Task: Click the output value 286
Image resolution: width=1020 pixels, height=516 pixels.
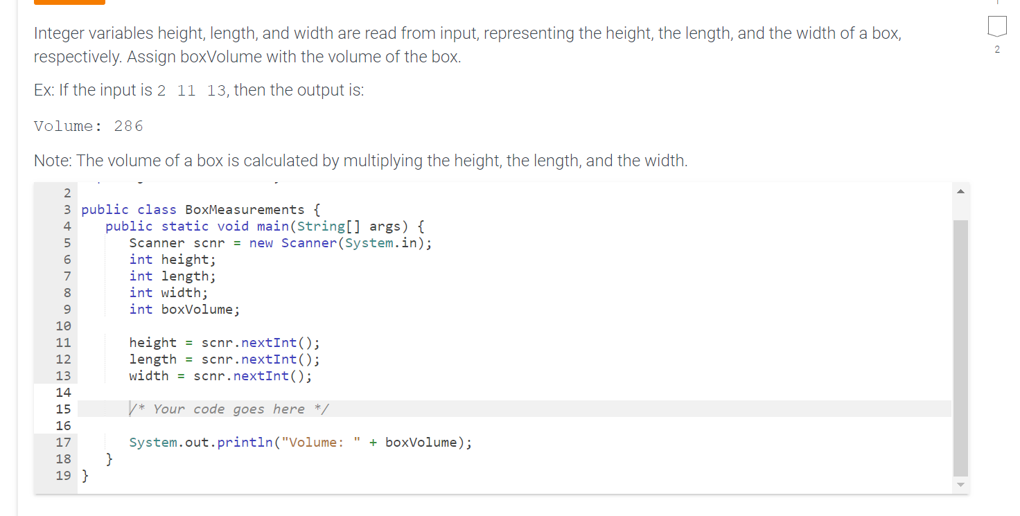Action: click(x=129, y=126)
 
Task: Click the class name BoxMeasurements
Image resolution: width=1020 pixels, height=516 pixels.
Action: click(x=245, y=210)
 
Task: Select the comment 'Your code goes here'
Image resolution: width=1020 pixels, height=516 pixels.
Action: click(x=229, y=409)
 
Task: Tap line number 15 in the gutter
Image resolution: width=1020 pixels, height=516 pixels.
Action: click(x=63, y=409)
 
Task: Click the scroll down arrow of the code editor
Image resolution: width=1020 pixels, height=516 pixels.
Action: click(x=960, y=485)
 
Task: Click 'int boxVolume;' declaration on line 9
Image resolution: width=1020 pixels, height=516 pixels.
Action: click(x=184, y=310)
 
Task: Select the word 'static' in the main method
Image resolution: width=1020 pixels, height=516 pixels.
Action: click(x=185, y=226)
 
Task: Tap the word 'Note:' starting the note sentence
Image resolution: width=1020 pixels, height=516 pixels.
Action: click(x=53, y=161)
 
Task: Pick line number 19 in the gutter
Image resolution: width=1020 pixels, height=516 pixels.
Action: click(x=63, y=476)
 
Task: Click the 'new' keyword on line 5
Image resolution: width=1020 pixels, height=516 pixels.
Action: click(x=261, y=243)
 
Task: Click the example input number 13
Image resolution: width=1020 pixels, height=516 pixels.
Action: click(x=217, y=91)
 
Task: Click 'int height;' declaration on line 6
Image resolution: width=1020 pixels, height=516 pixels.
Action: click(x=173, y=260)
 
